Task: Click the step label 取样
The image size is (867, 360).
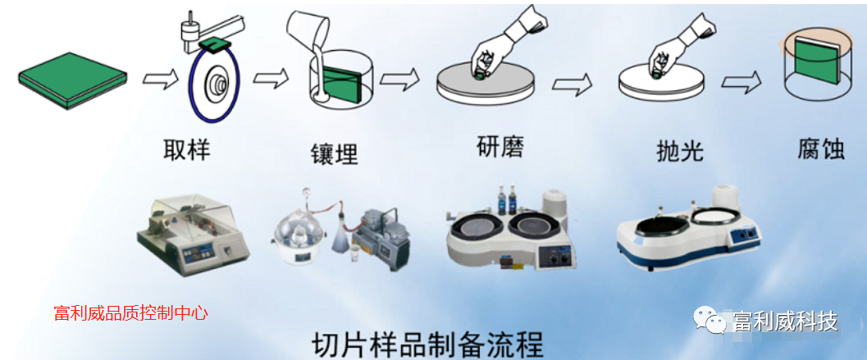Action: [187, 149]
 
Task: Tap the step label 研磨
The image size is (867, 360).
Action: [500, 146]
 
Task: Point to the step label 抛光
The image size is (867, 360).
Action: [679, 149]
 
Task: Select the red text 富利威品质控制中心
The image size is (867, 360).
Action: [131, 313]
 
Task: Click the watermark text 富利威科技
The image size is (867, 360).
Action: [786, 321]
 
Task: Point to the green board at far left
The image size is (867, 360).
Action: [72, 80]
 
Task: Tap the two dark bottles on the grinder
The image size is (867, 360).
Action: [506, 198]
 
